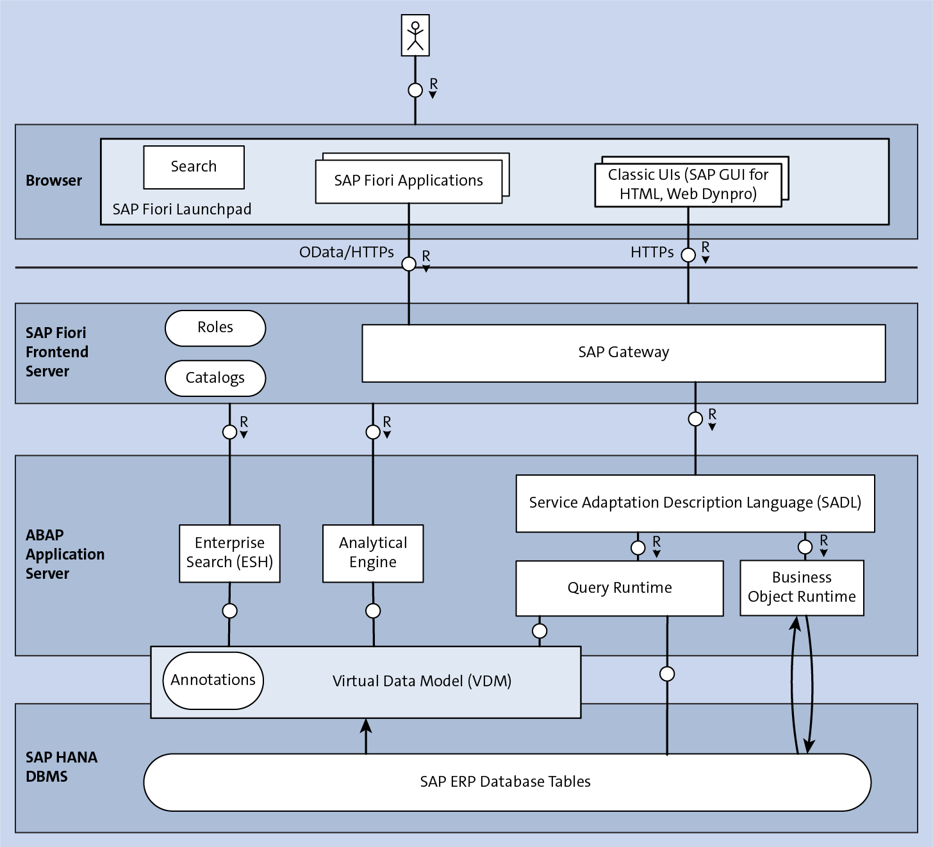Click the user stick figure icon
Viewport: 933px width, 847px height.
click(415, 36)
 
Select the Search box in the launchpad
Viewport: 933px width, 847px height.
click(194, 167)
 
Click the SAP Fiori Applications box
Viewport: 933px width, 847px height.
click(408, 181)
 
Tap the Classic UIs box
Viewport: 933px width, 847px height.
click(688, 185)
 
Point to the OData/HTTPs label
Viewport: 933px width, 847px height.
click(347, 252)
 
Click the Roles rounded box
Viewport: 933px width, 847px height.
click(215, 328)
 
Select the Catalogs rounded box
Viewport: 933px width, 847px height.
click(215, 378)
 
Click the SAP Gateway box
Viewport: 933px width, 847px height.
click(623, 353)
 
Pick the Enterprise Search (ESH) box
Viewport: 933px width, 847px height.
click(229, 553)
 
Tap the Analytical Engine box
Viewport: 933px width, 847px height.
click(373, 553)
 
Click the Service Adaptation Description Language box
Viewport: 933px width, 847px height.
click(695, 503)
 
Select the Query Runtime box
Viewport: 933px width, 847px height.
click(620, 588)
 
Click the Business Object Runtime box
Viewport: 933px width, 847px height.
click(802, 588)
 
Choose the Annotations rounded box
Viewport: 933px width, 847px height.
click(213, 681)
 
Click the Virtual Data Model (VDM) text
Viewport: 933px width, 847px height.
click(422, 681)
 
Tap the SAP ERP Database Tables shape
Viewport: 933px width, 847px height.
click(506, 782)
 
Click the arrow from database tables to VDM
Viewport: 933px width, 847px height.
click(366, 736)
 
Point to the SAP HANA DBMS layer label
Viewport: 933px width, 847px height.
click(62, 767)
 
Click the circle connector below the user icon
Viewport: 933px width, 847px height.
click(415, 90)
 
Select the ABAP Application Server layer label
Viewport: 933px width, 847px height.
click(65, 554)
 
